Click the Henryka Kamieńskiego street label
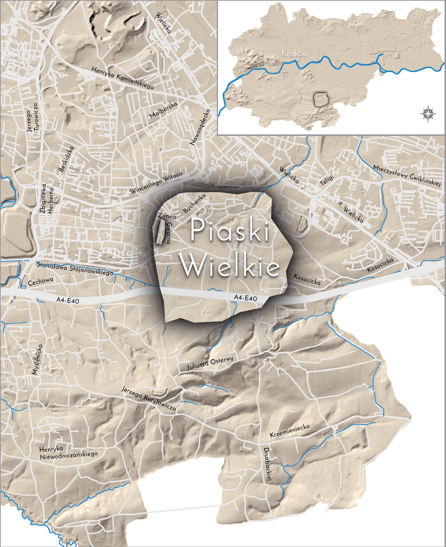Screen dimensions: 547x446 123,78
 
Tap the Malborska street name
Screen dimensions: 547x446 163,110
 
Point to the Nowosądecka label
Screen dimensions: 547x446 200,127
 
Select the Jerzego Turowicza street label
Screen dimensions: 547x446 32,118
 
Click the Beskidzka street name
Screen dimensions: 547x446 66,159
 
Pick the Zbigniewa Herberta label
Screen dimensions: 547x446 47,199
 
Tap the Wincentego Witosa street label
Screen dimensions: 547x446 156,182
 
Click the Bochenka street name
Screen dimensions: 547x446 194,203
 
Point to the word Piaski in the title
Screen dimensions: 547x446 230,230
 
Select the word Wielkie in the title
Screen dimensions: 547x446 230,265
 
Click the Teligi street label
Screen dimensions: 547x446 327,180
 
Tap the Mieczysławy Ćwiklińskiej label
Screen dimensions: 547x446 407,175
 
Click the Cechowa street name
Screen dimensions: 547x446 41,281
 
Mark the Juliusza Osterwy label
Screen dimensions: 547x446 210,363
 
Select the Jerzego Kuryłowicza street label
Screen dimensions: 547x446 148,398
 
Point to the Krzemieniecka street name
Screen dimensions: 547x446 290,431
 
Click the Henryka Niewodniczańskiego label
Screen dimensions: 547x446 68,453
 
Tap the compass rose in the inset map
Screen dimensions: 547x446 428,114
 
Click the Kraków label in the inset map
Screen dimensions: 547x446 295,54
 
